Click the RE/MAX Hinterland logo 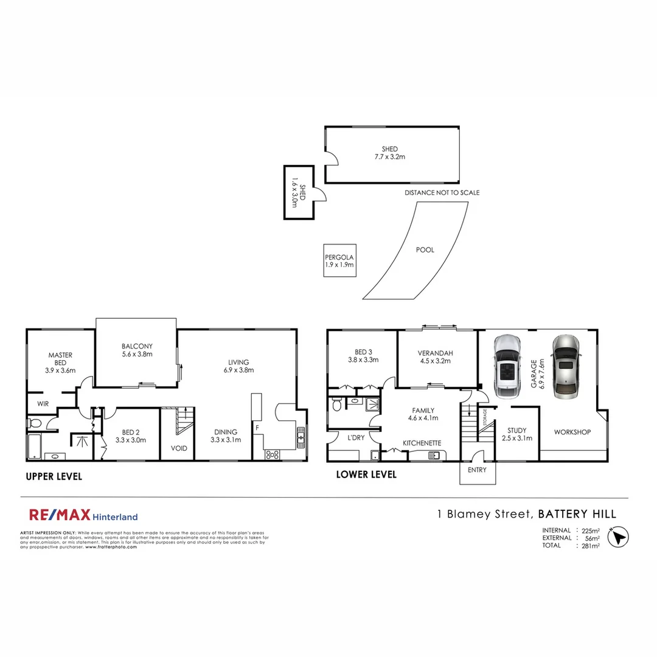coord(83,516)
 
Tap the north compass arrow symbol coord(617,538)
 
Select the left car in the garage coord(507,366)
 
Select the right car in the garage coord(566,366)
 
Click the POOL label coord(425,249)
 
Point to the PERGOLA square coord(339,260)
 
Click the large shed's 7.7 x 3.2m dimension coord(390,157)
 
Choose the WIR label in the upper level coord(43,403)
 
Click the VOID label coord(179,448)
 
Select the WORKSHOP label coord(572,432)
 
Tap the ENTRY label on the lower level coord(478,470)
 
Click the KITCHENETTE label coord(422,443)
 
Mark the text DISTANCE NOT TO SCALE coord(442,193)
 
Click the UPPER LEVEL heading coord(54,476)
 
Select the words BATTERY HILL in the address coord(577,514)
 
